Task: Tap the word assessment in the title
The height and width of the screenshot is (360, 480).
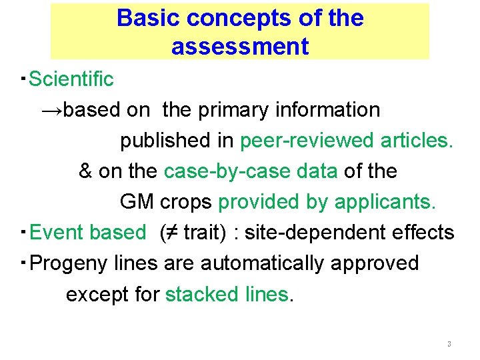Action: [x=240, y=47]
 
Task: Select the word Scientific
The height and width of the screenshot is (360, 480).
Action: [x=72, y=79]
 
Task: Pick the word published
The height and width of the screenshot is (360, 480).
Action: [x=177, y=141]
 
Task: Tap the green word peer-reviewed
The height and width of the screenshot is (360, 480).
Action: [x=307, y=141]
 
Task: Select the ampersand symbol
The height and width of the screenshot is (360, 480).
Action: [x=85, y=171]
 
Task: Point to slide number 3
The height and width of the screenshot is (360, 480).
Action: [x=449, y=345]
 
